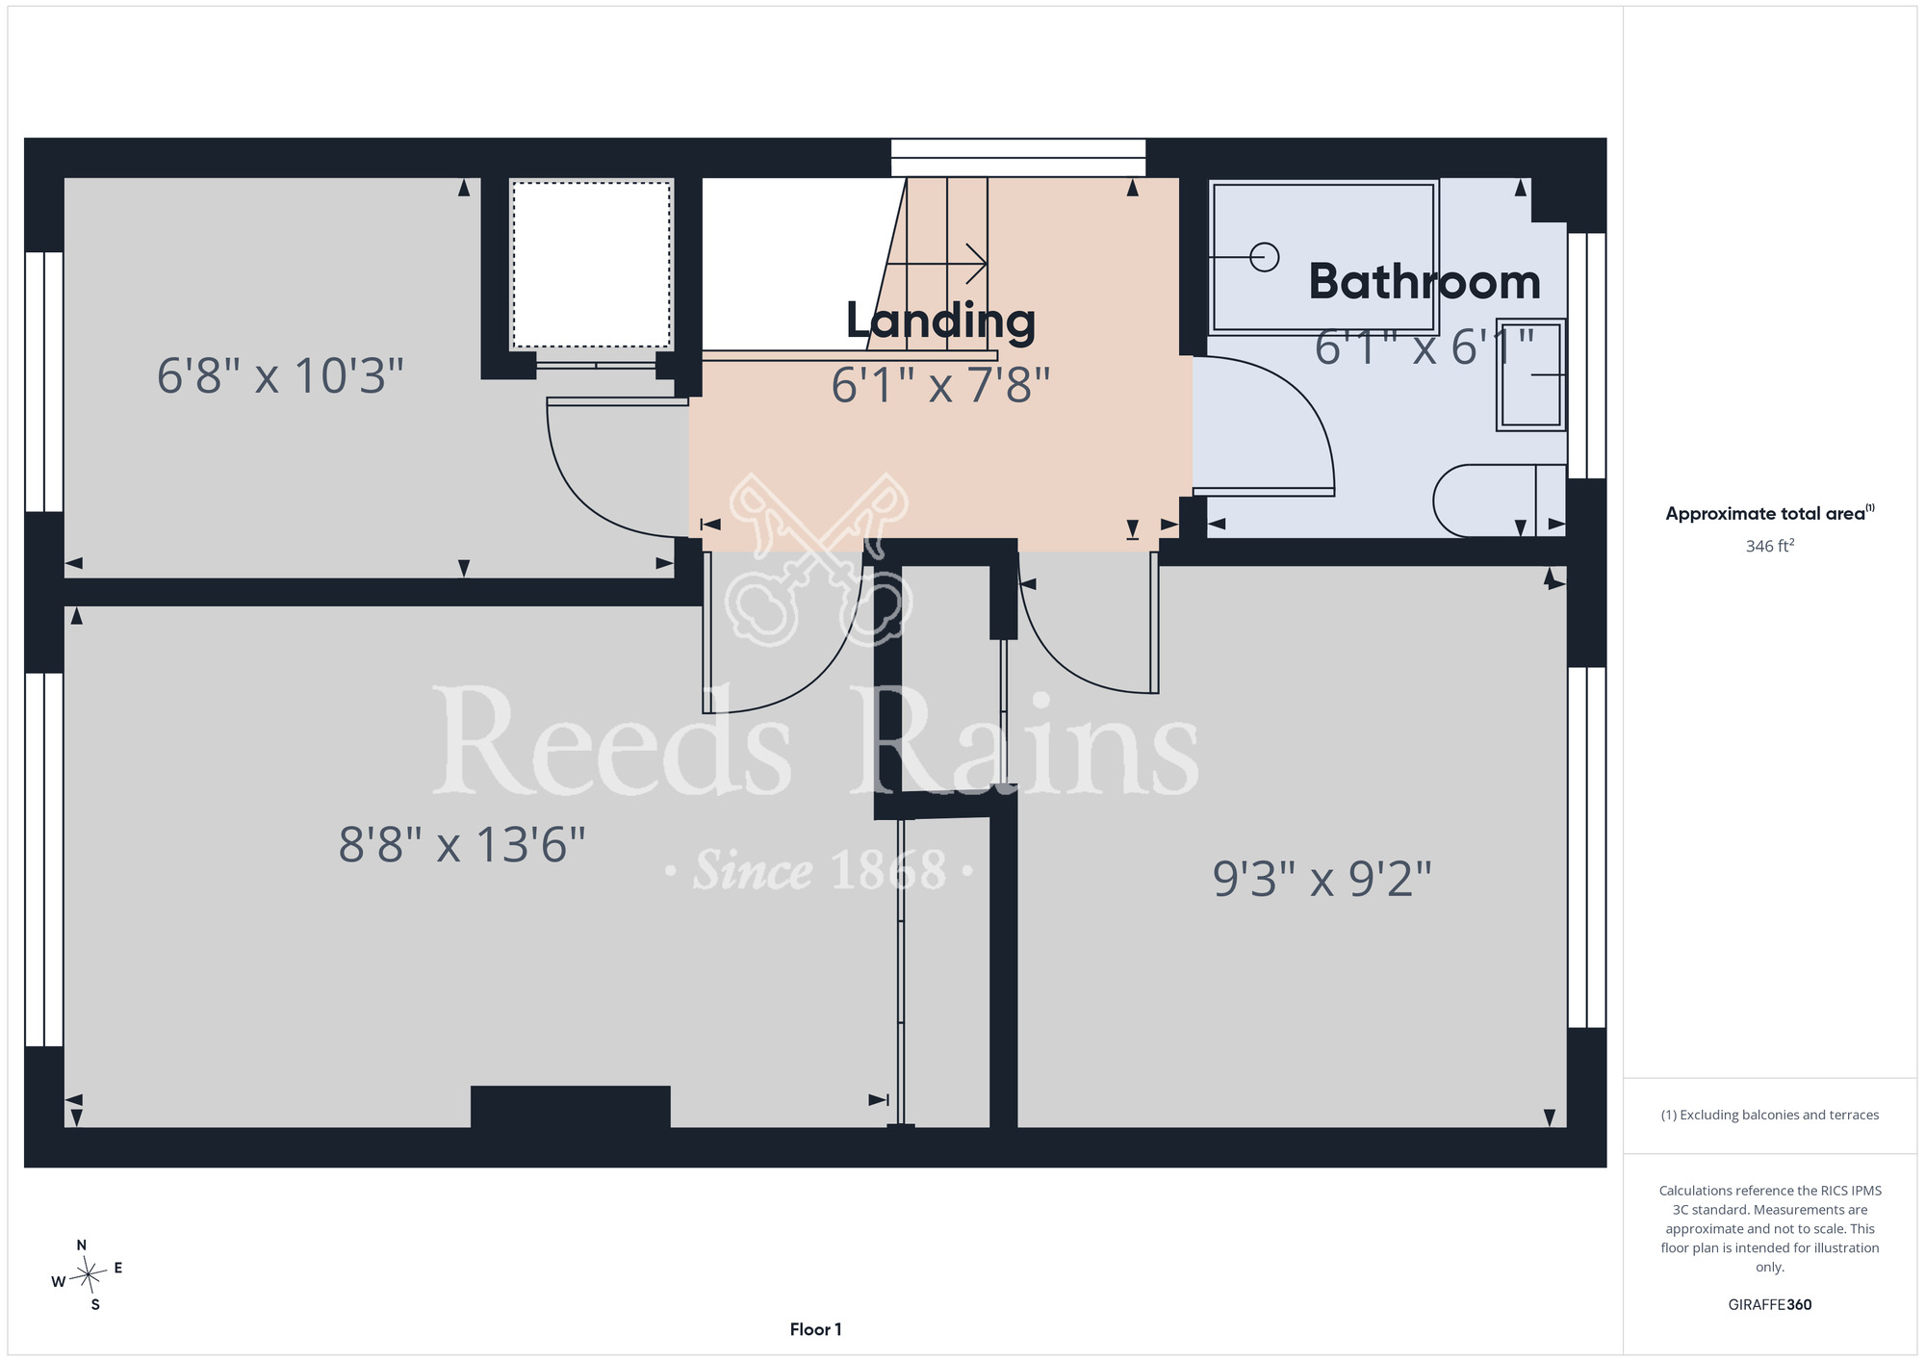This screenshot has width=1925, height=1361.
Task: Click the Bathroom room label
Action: pyautogui.click(x=1424, y=282)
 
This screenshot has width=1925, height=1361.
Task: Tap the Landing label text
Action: pyautogui.click(x=940, y=321)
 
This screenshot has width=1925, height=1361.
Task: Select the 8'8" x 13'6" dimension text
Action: pyautogui.click(x=462, y=845)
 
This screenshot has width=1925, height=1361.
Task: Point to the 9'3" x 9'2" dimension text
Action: pyautogui.click(x=1322, y=879)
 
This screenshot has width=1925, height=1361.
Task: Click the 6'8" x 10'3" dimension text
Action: pyautogui.click(x=280, y=375)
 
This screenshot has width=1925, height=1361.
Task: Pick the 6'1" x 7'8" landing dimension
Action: pyautogui.click(x=940, y=385)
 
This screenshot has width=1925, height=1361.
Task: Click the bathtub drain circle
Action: pyautogui.click(x=1264, y=257)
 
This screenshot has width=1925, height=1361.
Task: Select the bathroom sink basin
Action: pyautogui.click(x=1531, y=374)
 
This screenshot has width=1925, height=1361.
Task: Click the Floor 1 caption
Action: pyautogui.click(x=815, y=1329)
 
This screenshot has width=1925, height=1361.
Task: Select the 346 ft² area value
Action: pyautogui.click(x=1770, y=546)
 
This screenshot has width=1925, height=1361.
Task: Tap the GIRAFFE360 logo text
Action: pyautogui.click(x=1770, y=1305)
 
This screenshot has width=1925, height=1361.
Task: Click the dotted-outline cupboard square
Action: pyautogui.click(x=591, y=265)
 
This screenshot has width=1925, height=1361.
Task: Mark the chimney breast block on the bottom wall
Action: pyautogui.click(x=571, y=1107)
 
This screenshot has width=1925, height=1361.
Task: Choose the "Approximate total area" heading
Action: pyautogui.click(x=1770, y=513)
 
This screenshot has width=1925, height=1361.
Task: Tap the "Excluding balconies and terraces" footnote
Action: pyautogui.click(x=1770, y=1115)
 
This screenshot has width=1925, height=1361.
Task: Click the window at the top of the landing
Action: pyautogui.click(x=1018, y=158)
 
